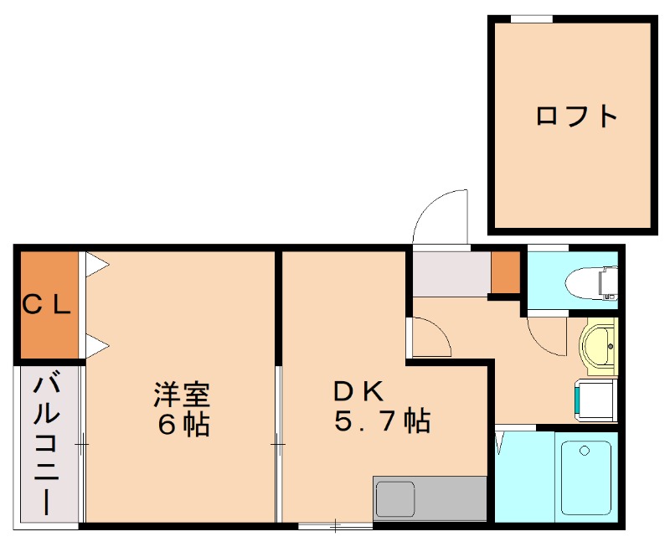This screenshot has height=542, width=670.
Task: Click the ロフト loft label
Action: (576, 116)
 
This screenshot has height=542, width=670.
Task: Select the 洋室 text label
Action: (181, 392)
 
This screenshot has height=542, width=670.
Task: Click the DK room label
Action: (358, 390)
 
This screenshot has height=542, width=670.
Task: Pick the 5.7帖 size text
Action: (382, 421)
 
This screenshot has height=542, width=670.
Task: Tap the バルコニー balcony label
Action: (47, 444)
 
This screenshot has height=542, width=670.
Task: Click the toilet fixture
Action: (596, 281)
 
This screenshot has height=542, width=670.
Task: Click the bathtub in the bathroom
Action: (585, 477)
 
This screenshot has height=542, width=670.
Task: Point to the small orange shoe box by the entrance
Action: (505, 271)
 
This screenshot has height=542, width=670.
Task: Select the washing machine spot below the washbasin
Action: (596, 401)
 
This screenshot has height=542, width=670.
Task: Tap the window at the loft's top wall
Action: (531, 18)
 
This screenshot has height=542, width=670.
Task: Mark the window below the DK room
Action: (336, 525)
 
